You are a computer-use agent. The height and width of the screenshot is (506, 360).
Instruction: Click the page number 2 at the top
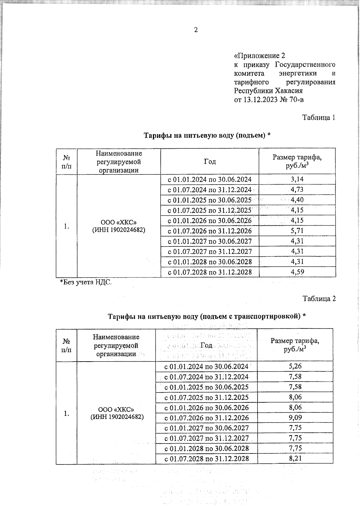[x=196, y=30]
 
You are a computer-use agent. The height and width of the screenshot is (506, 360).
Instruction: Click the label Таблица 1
[x=318, y=117]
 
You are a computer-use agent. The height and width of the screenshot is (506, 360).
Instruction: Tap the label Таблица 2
[x=319, y=299]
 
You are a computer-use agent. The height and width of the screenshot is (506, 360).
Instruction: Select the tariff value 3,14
[x=297, y=180]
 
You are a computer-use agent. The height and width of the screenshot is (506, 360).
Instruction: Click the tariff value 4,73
[x=297, y=190]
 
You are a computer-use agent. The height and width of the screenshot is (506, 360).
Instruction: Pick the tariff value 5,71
[x=297, y=231]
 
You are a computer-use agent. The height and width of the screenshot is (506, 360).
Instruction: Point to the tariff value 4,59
[x=297, y=272]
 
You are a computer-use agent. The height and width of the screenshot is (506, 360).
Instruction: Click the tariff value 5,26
[x=295, y=366]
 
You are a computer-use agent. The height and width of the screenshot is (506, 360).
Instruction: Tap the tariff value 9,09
[x=295, y=418]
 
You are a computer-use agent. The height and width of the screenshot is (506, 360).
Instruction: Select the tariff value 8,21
[x=295, y=459]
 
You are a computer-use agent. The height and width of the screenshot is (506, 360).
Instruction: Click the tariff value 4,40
[x=297, y=200]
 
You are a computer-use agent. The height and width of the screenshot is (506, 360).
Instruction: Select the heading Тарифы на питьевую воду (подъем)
[x=207, y=136]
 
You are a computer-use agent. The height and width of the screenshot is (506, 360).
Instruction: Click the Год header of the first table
[x=210, y=162]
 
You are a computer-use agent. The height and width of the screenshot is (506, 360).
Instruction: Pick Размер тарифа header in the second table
[x=295, y=345]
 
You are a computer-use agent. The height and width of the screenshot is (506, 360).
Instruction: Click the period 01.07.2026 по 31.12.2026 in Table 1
[x=209, y=231]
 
